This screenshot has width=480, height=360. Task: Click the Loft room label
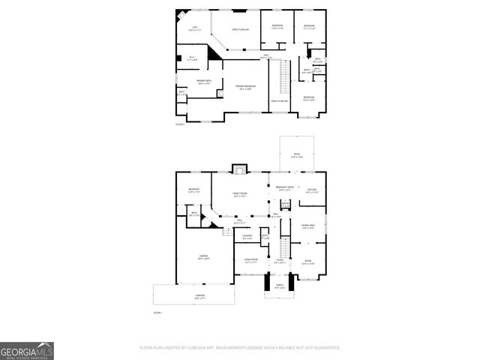pyautogui.click(x=194, y=28)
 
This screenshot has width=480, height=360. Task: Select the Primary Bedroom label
pyautogui.click(x=245, y=87)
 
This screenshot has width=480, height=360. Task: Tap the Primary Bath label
pyautogui.click(x=202, y=82)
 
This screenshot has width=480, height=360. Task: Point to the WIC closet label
pyautogui.click(x=191, y=57)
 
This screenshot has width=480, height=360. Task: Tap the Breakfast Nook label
pyautogui.click(x=284, y=189)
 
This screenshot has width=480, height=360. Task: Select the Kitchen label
pyautogui.click(x=313, y=191)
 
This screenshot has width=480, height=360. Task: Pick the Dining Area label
pyautogui.click(x=308, y=226)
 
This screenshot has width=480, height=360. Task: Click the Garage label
pyautogui.click(x=194, y=257)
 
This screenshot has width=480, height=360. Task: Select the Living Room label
pyautogui.click(x=250, y=261)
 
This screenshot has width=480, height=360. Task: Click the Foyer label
pyautogui.click(x=279, y=262)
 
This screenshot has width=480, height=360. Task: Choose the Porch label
pyautogui.click(x=280, y=286)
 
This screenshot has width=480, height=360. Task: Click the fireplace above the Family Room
pyautogui.click(x=239, y=169)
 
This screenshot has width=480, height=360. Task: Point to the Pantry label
pyautogui.click(x=286, y=202)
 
